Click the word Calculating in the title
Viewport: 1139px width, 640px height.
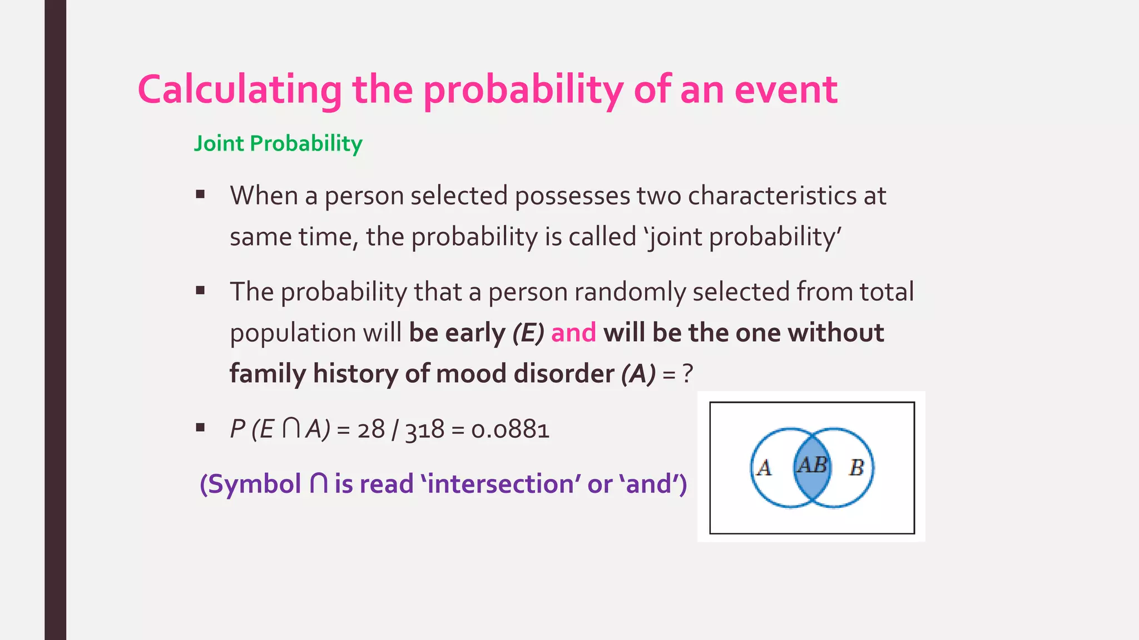pyautogui.click(x=240, y=90)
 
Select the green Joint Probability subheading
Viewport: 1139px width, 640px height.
pyautogui.click(x=278, y=143)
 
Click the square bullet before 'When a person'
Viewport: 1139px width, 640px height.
pyautogui.click(x=200, y=194)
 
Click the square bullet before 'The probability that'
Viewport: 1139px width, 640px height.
pyautogui.click(x=200, y=291)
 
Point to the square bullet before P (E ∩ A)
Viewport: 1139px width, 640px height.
pyautogui.click(x=200, y=428)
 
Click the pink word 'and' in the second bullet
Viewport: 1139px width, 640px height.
pyautogui.click(x=573, y=333)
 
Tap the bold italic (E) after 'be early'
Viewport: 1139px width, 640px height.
pyautogui.click(x=528, y=333)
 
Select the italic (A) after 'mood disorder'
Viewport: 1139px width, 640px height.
pyautogui.click(x=638, y=373)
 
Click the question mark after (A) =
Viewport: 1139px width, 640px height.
pyautogui.click(x=688, y=373)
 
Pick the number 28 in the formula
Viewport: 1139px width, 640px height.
pyautogui.click(x=371, y=429)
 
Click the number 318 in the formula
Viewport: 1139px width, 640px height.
pyautogui.click(x=425, y=429)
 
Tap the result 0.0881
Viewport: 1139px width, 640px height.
pyautogui.click(x=510, y=429)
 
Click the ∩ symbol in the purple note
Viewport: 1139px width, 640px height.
pyautogui.click(x=319, y=483)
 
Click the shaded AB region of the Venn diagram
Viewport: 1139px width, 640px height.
pyautogui.click(x=812, y=467)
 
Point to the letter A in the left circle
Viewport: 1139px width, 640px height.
pyautogui.click(x=765, y=468)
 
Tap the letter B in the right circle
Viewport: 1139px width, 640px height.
pyautogui.click(x=856, y=468)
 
